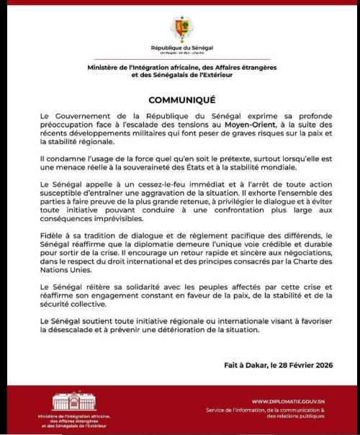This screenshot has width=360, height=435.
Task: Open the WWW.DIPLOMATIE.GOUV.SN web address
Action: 288,401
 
